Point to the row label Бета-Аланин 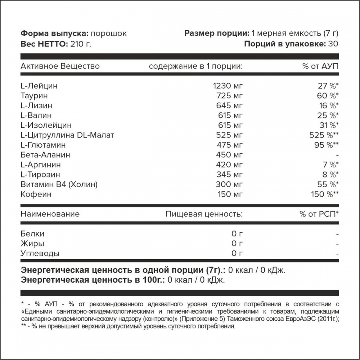pyautogui.click(x=45, y=155)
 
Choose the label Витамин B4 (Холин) pyautogui.click(x=59, y=185)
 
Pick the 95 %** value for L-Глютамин pyautogui.click(x=325, y=145)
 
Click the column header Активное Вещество pyautogui.click(x=60, y=66)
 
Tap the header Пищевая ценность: pyautogui.click(x=204, y=214)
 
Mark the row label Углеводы pyautogui.click(x=40, y=253)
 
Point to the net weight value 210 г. pyautogui.click(x=81, y=44)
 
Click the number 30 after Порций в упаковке pyautogui.click(x=333, y=44)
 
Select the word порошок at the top pyautogui.click(x=109, y=34)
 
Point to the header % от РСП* pyautogui.click(x=319, y=214)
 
